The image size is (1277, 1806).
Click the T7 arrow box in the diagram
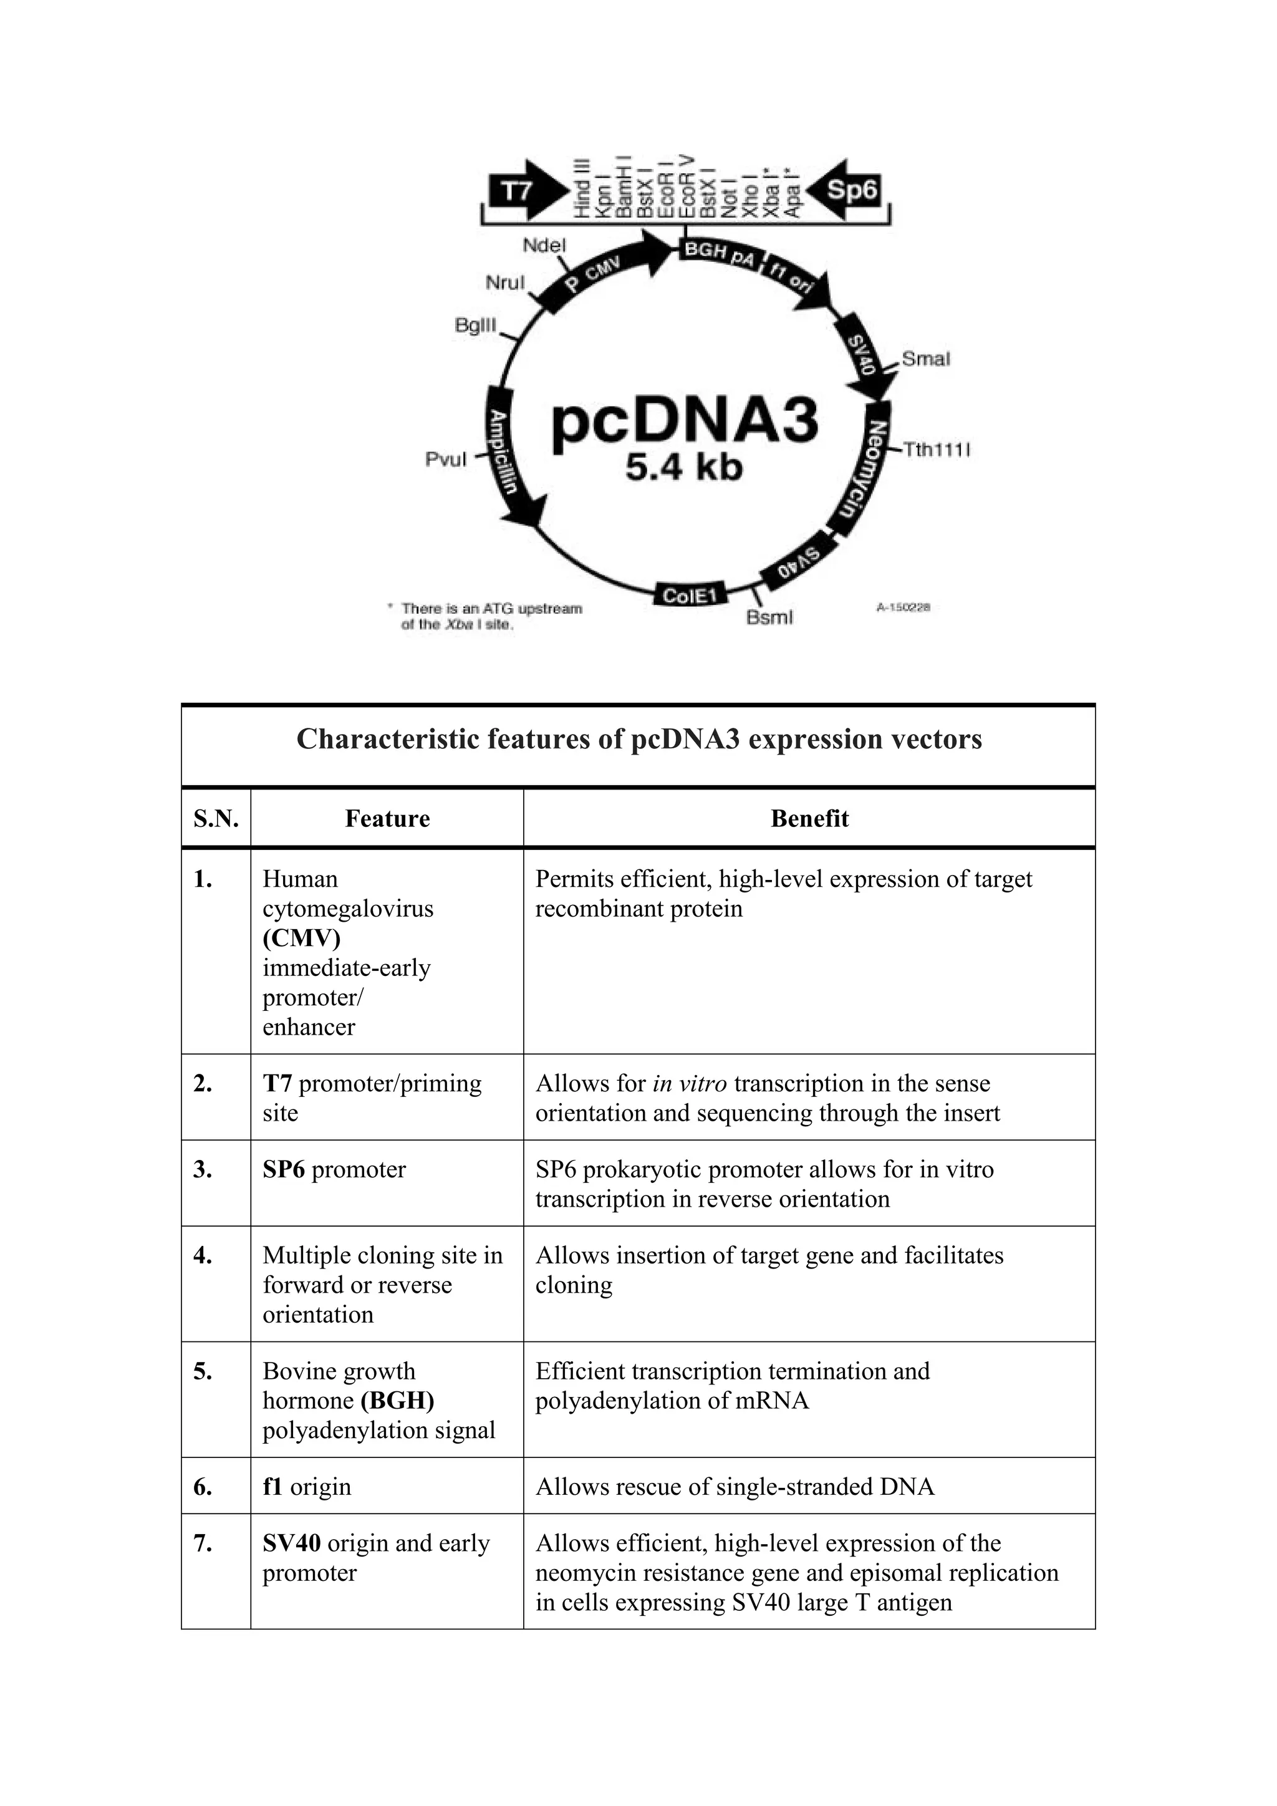[524, 191]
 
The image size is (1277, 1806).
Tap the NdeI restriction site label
[544, 246]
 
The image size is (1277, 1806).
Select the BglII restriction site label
[476, 325]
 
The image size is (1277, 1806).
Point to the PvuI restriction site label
[446, 460]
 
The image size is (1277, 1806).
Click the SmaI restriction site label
[925, 359]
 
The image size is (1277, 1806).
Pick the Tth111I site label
[936, 450]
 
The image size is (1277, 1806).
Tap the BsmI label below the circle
[769, 617]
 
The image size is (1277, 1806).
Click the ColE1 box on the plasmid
[689, 596]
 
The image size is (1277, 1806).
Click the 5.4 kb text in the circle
[683, 468]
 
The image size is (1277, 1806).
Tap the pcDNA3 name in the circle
[684, 421]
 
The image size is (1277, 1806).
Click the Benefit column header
[809, 818]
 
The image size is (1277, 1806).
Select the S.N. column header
[216, 818]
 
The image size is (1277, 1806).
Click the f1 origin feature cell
[307, 1487]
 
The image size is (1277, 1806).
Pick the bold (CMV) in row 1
[301, 937]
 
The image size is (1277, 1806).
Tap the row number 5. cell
[203, 1371]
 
